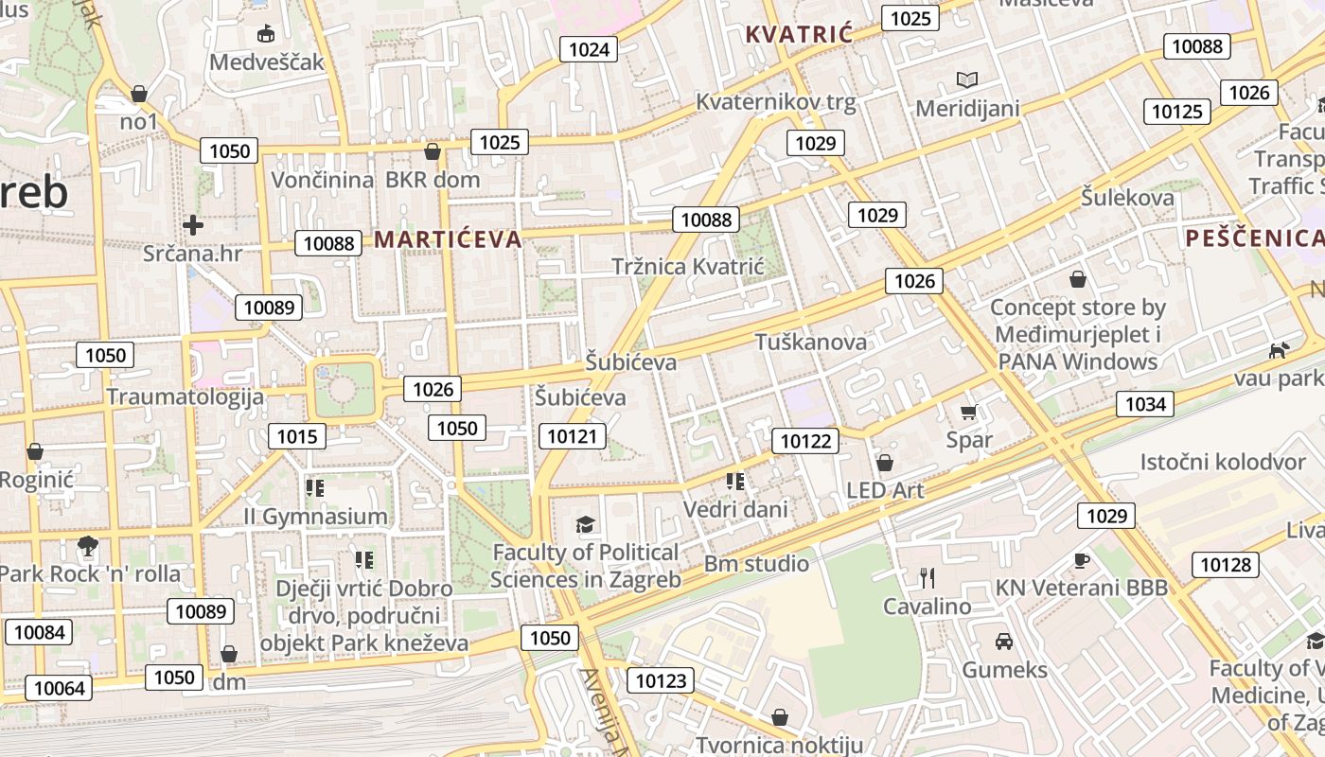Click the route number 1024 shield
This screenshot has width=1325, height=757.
pos(589,49)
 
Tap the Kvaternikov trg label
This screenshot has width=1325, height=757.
pos(775,102)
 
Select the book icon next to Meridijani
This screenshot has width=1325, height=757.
pos(966,80)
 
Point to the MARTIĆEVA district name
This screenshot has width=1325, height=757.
pos(448,239)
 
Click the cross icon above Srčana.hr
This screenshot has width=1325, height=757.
pos(193,225)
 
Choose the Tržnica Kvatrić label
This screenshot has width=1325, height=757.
pos(687,267)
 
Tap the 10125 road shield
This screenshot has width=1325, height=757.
pos(1177,112)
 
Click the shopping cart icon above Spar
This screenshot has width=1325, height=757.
pos(968,412)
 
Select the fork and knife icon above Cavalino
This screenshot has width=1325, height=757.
pos(927,577)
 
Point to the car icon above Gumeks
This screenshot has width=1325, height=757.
pos(1004,642)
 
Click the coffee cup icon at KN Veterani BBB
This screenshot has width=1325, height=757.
pos(1082,560)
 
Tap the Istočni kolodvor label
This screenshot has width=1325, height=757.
pos(1223,463)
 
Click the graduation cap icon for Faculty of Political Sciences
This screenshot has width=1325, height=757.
pos(586,524)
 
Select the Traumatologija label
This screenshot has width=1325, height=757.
pos(185,396)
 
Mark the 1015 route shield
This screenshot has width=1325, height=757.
pos(297,436)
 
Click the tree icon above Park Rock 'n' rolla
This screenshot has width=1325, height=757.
pos(88,546)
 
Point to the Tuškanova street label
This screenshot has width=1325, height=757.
pos(810,342)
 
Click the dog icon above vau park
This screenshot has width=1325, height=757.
pos(1279,350)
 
